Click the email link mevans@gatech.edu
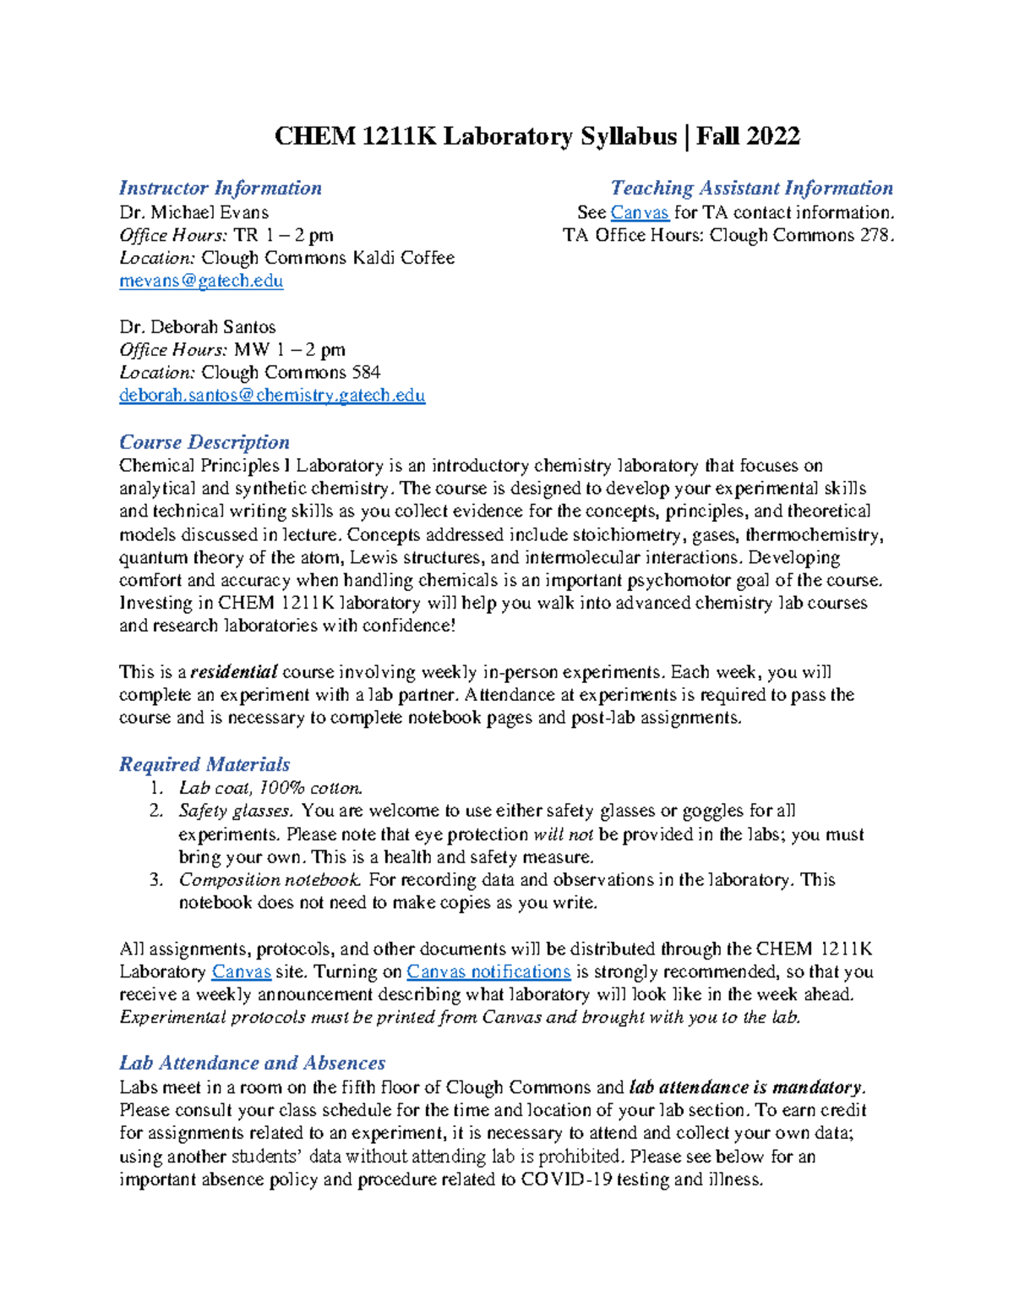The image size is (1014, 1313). tap(201, 282)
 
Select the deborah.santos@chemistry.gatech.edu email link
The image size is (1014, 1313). tap(272, 396)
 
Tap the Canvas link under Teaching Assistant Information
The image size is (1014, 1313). tap(640, 213)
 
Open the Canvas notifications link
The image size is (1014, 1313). tap(488, 972)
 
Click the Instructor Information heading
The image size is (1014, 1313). tap(221, 189)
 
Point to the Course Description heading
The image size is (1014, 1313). tap(204, 443)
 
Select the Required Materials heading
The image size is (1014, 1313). tap(204, 765)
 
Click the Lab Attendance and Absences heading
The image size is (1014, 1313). tap(252, 1064)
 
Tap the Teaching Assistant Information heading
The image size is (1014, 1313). tap(751, 189)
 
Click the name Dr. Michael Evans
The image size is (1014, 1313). tap(194, 213)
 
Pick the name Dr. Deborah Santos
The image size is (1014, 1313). tap(198, 327)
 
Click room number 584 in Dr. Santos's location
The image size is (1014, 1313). tap(364, 373)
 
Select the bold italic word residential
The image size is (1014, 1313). tap(234, 673)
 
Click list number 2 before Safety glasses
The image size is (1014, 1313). tap(155, 812)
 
